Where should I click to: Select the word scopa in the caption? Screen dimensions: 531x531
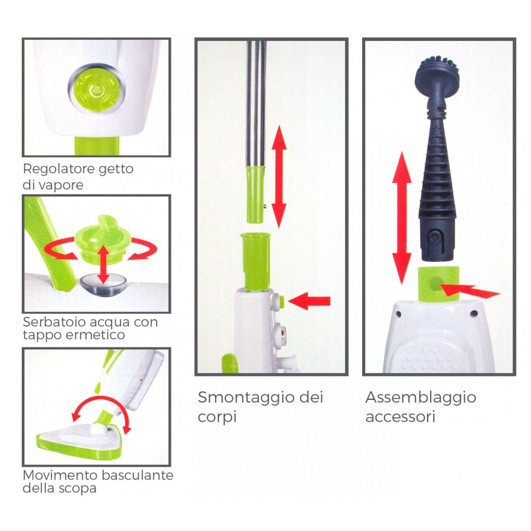point(79,488)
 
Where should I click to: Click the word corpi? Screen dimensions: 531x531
point(217,417)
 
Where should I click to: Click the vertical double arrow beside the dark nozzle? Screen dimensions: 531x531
point(401,218)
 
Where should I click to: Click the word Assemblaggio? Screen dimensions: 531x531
point(421,398)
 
